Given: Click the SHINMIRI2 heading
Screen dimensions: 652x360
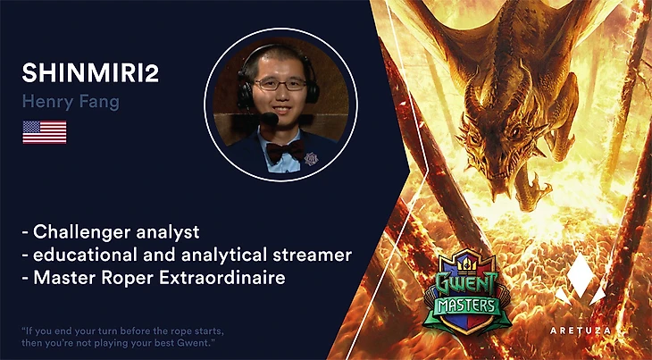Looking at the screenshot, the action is (90, 72).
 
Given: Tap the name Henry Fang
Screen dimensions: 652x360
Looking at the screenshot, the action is (71, 102).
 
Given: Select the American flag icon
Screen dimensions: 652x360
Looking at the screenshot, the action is (45, 132).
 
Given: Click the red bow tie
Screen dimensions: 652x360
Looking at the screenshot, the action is (285, 150).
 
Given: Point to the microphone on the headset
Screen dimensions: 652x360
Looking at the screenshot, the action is (269, 119).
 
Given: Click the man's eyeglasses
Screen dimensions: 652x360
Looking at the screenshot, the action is (280, 84).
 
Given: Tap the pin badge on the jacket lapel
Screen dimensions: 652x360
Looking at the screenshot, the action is (311, 158).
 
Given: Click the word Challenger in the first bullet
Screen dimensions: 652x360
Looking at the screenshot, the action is (83, 232).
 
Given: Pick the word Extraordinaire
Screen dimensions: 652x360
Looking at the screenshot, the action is (222, 277).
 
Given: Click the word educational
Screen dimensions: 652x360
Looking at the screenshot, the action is (86, 255).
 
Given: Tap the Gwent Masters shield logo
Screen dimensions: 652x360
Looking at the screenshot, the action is (467, 292).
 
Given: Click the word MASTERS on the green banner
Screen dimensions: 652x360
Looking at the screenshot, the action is (467, 306).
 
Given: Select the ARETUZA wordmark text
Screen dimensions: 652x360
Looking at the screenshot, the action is (581, 331).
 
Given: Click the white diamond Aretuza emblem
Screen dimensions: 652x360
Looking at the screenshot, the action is (581, 279).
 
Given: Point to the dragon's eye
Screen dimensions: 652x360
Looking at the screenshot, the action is (514, 131).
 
